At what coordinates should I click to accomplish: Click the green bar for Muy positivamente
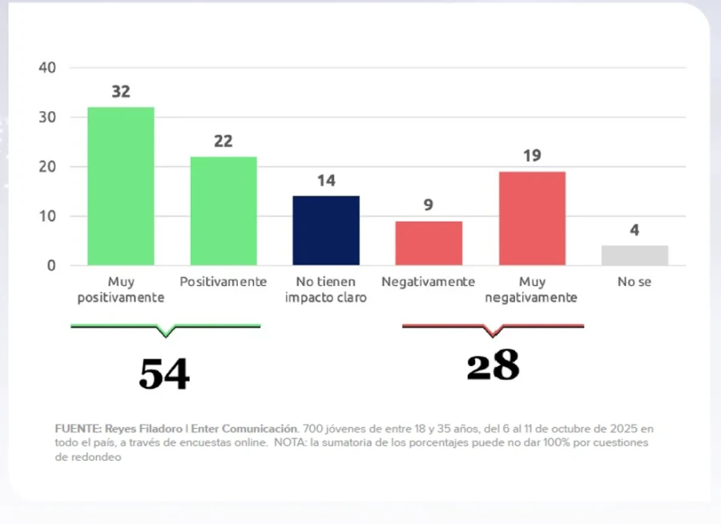click(120, 186)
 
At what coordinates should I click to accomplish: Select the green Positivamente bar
click(223, 211)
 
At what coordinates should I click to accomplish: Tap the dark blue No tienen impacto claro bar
click(325, 231)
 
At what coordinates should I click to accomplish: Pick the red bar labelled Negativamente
click(428, 243)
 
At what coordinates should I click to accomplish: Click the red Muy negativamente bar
click(531, 218)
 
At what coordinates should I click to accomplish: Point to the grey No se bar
click(634, 255)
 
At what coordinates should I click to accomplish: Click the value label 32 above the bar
click(120, 92)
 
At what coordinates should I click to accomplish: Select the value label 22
click(223, 142)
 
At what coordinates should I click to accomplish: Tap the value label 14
click(325, 181)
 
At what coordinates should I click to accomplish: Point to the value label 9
click(428, 206)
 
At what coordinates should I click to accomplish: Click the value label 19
click(531, 156)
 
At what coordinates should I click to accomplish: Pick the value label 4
click(634, 231)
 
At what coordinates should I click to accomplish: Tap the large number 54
click(164, 373)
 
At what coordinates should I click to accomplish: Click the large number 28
click(493, 365)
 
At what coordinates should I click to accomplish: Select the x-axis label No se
click(634, 282)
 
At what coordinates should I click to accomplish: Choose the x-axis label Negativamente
click(428, 282)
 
